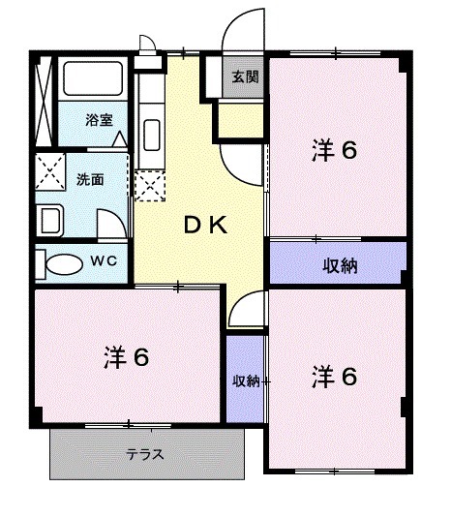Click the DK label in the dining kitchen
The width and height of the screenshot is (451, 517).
pyautogui.click(x=205, y=227)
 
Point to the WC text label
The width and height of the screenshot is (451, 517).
pyautogui.click(x=104, y=261)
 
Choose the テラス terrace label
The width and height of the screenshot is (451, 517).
pyautogui.click(x=143, y=453)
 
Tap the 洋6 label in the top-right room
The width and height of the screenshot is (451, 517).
pyautogui.click(x=335, y=150)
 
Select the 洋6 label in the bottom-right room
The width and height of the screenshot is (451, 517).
pyautogui.click(x=335, y=377)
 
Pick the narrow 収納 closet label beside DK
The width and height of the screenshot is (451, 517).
pyautogui.click(x=246, y=380)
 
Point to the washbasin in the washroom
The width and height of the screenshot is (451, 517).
pyautogui.click(x=50, y=219)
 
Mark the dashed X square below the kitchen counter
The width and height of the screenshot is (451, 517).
pyautogui.click(x=150, y=184)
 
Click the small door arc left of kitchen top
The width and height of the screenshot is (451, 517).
pyautogui.click(x=147, y=44)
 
